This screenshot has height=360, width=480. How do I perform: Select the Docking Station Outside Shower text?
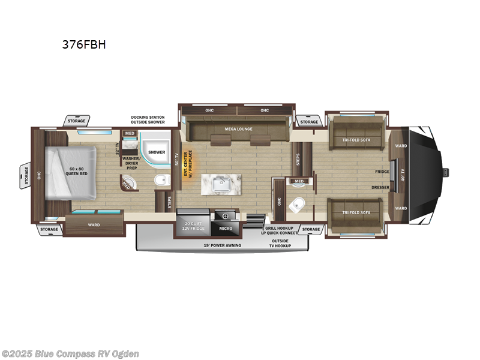(x=148, y=120)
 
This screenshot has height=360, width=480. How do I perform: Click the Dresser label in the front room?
(x=380, y=187)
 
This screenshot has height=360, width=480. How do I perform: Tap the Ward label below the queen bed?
(x=94, y=225)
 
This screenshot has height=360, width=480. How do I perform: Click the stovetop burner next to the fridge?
(x=226, y=215)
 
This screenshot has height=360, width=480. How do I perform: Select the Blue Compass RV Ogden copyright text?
(x=71, y=353)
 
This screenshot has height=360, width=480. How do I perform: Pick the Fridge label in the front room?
(x=382, y=172)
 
